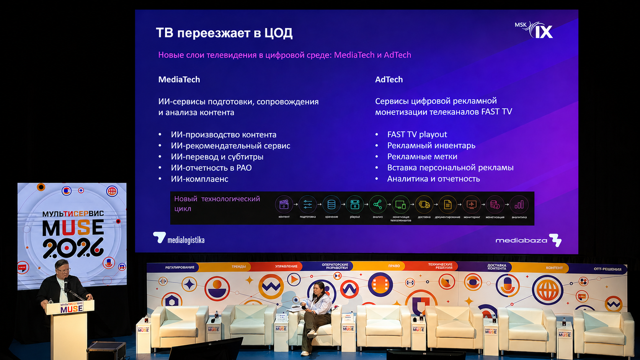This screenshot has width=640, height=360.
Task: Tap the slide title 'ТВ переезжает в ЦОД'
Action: (x=224, y=33)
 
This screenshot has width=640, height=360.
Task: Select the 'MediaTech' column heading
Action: (x=179, y=80)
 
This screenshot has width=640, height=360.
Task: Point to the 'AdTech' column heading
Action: (x=389, y=80)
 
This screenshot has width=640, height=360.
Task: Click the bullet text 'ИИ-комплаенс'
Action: (x=199, y=179)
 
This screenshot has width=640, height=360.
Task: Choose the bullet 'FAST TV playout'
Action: (x=417, y=134)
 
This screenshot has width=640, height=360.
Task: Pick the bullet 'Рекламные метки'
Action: (x=422, y=156)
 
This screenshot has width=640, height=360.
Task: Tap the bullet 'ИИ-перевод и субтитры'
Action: (x=217, y=157)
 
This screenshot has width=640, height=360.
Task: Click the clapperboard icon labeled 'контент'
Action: (x=284, y=205)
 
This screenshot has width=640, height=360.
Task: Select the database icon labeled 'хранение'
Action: (x=331, y=205)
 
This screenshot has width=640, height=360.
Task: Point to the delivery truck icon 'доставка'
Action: (x=424, y=205)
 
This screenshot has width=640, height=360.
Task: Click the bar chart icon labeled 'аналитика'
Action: (x=519, y=205)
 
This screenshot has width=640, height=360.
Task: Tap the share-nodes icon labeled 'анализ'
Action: (x=377, y=205)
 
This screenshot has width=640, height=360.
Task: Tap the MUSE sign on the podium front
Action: (x=71, y=308)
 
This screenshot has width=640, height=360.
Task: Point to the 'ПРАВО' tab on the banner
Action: (x=393, y=266)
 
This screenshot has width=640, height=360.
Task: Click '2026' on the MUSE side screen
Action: (x=73, y=248)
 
